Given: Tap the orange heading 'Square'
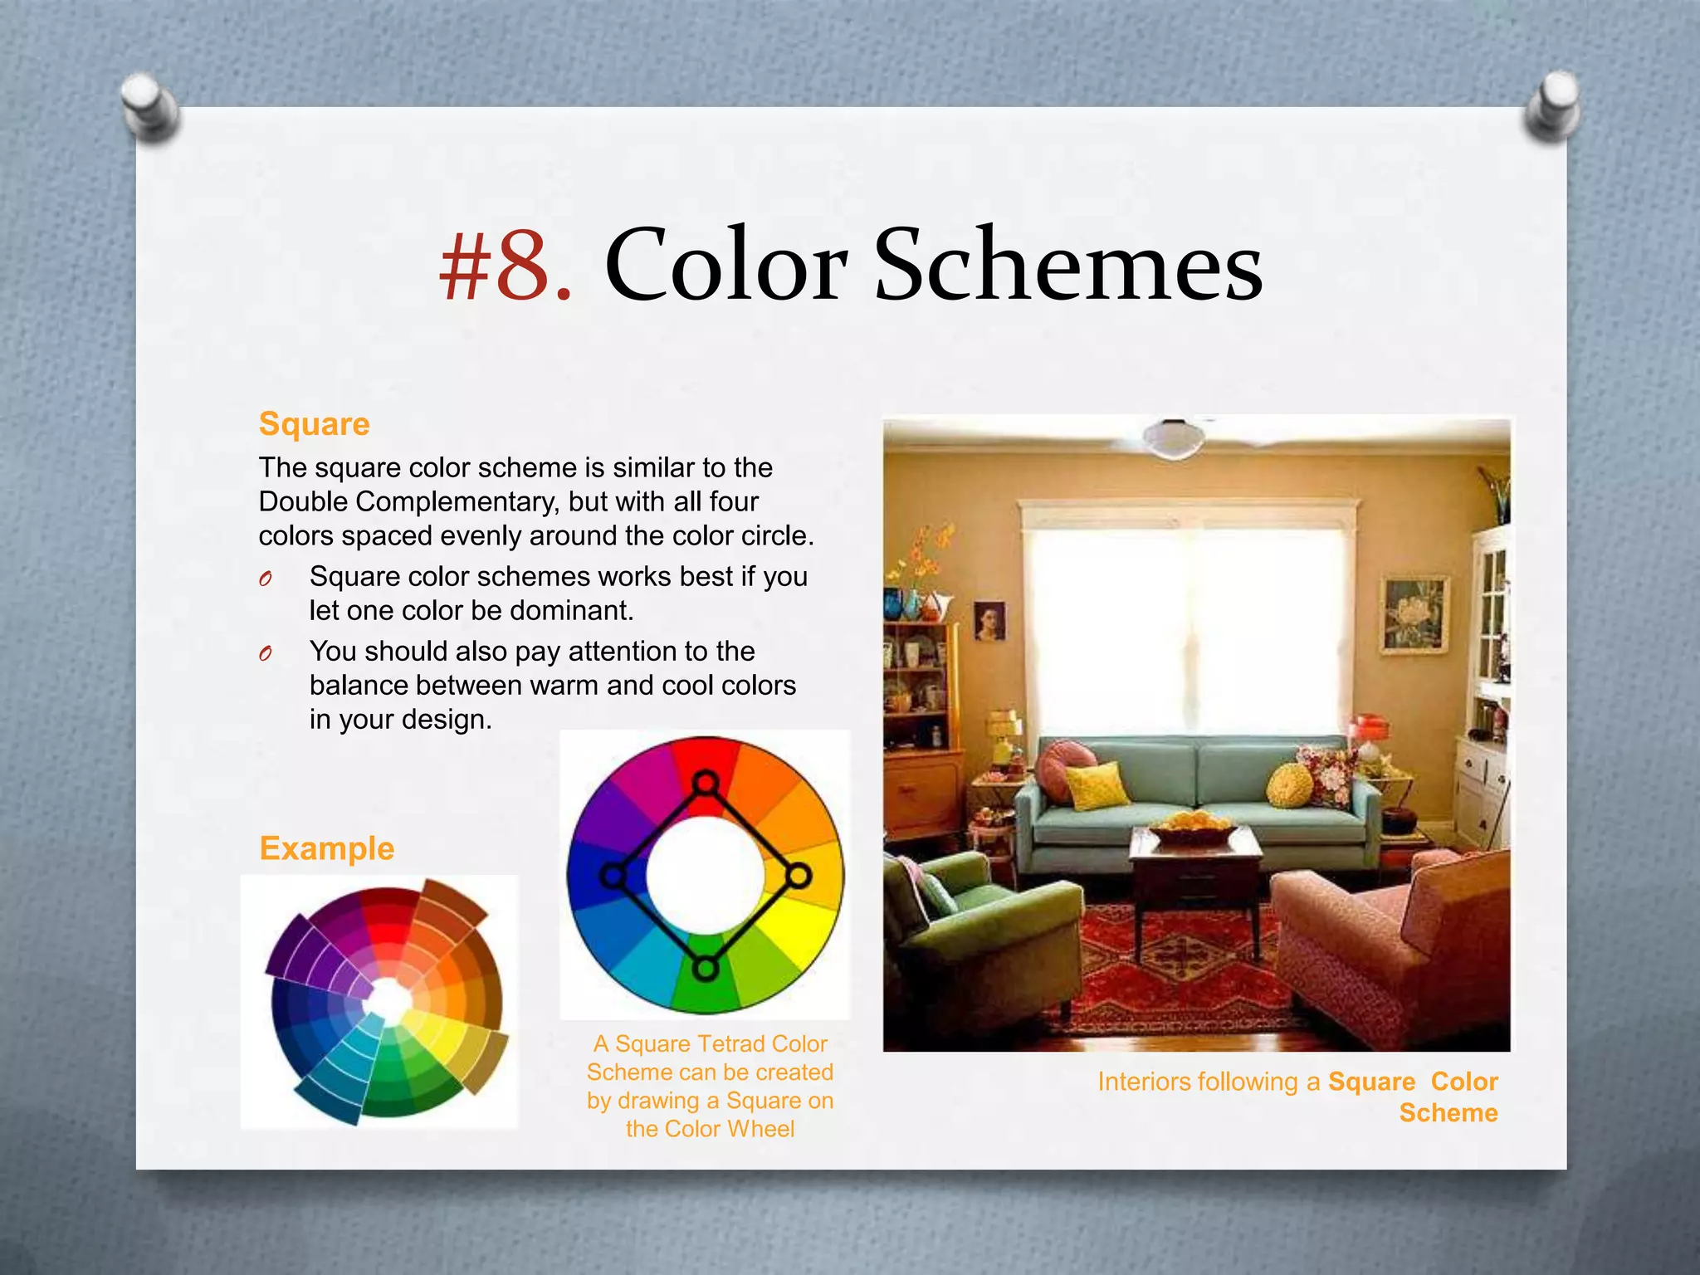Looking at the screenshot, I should point(314,424).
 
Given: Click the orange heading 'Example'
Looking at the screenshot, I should point(326,848).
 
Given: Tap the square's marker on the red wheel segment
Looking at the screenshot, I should point(705,783).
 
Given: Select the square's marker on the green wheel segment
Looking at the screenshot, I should point(705,968).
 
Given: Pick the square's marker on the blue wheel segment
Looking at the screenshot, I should point(613,876).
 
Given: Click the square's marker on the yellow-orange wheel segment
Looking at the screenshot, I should point(798,875).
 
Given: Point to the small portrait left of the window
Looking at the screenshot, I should point(989,620).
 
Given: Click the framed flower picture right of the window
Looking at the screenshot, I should point(1413,615).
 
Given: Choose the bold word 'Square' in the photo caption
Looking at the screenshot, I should point(1371,1082).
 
